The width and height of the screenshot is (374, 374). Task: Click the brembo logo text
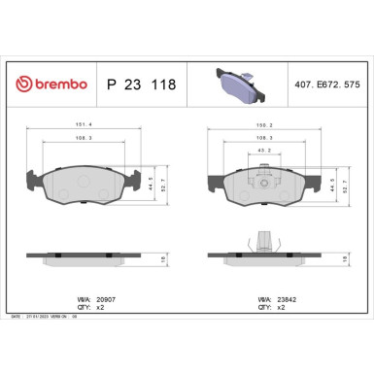[x=60, y=85]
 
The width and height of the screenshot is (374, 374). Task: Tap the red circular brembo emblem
[x=26, y=85]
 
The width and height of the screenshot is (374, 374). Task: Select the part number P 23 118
[x=141, y=85]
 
